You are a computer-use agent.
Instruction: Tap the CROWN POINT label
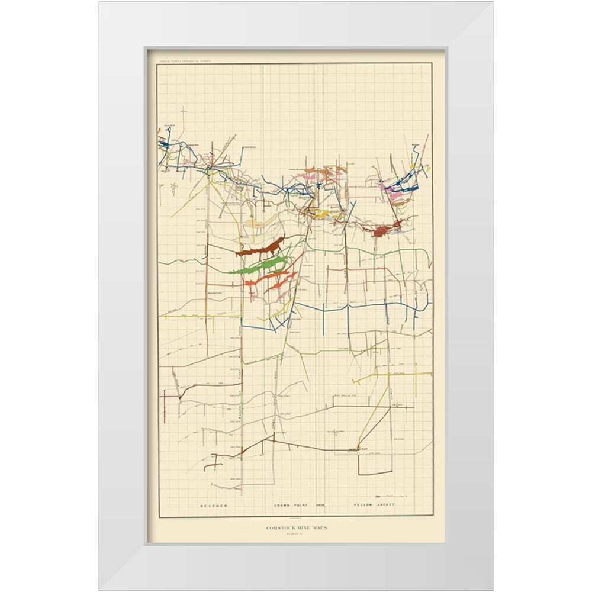(289, 505)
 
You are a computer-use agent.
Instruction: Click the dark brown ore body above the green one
(260, 247)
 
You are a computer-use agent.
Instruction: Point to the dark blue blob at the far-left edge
(164, 143)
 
